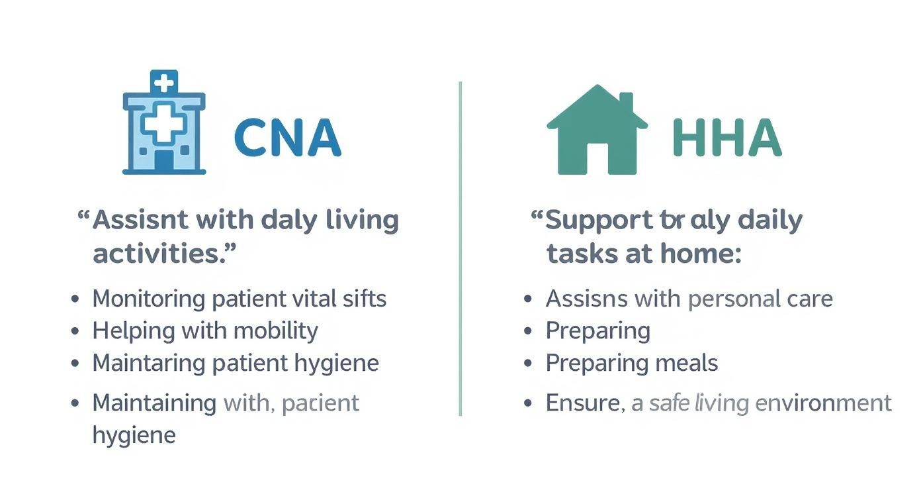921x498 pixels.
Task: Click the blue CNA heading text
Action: click(287, 138)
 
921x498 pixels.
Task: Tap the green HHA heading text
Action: click(726, 138)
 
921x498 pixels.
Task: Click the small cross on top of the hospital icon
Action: click(164, 83)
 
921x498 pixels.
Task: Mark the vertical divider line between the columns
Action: click(460, 248)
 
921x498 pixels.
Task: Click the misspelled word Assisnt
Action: click(136, 220)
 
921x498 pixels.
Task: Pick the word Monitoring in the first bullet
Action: click(149, 299)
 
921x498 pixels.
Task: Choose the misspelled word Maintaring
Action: click(149, 363)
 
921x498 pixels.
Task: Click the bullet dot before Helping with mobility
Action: click(75, 331)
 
